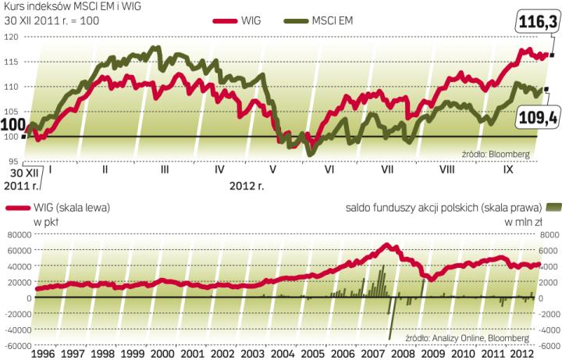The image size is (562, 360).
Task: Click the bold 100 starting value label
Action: coord(12,124)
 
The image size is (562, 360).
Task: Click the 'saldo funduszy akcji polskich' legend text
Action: coord(441,208)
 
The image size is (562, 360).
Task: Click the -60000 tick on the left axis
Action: coord(16,346)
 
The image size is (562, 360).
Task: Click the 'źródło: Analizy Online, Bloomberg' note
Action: coord(467,338)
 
